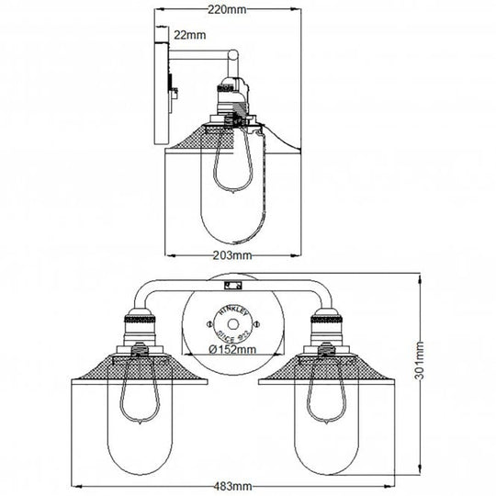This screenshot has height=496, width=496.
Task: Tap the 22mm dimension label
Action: pos(193,35)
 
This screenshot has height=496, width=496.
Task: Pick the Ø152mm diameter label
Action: pos(230,350)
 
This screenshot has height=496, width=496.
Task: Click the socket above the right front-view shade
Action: pos(328,329)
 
